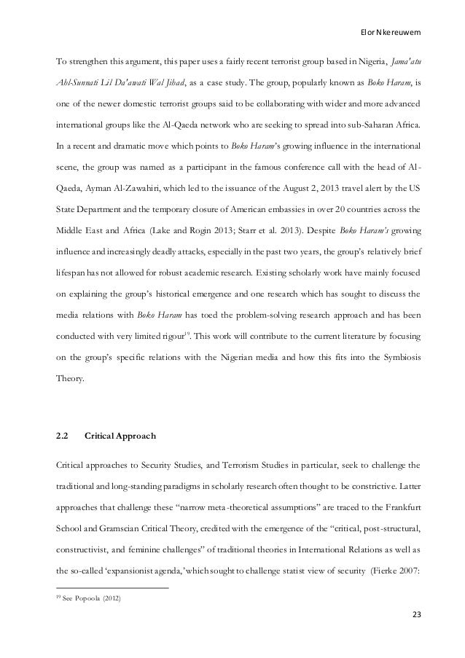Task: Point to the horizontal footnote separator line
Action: pos(113,587)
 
